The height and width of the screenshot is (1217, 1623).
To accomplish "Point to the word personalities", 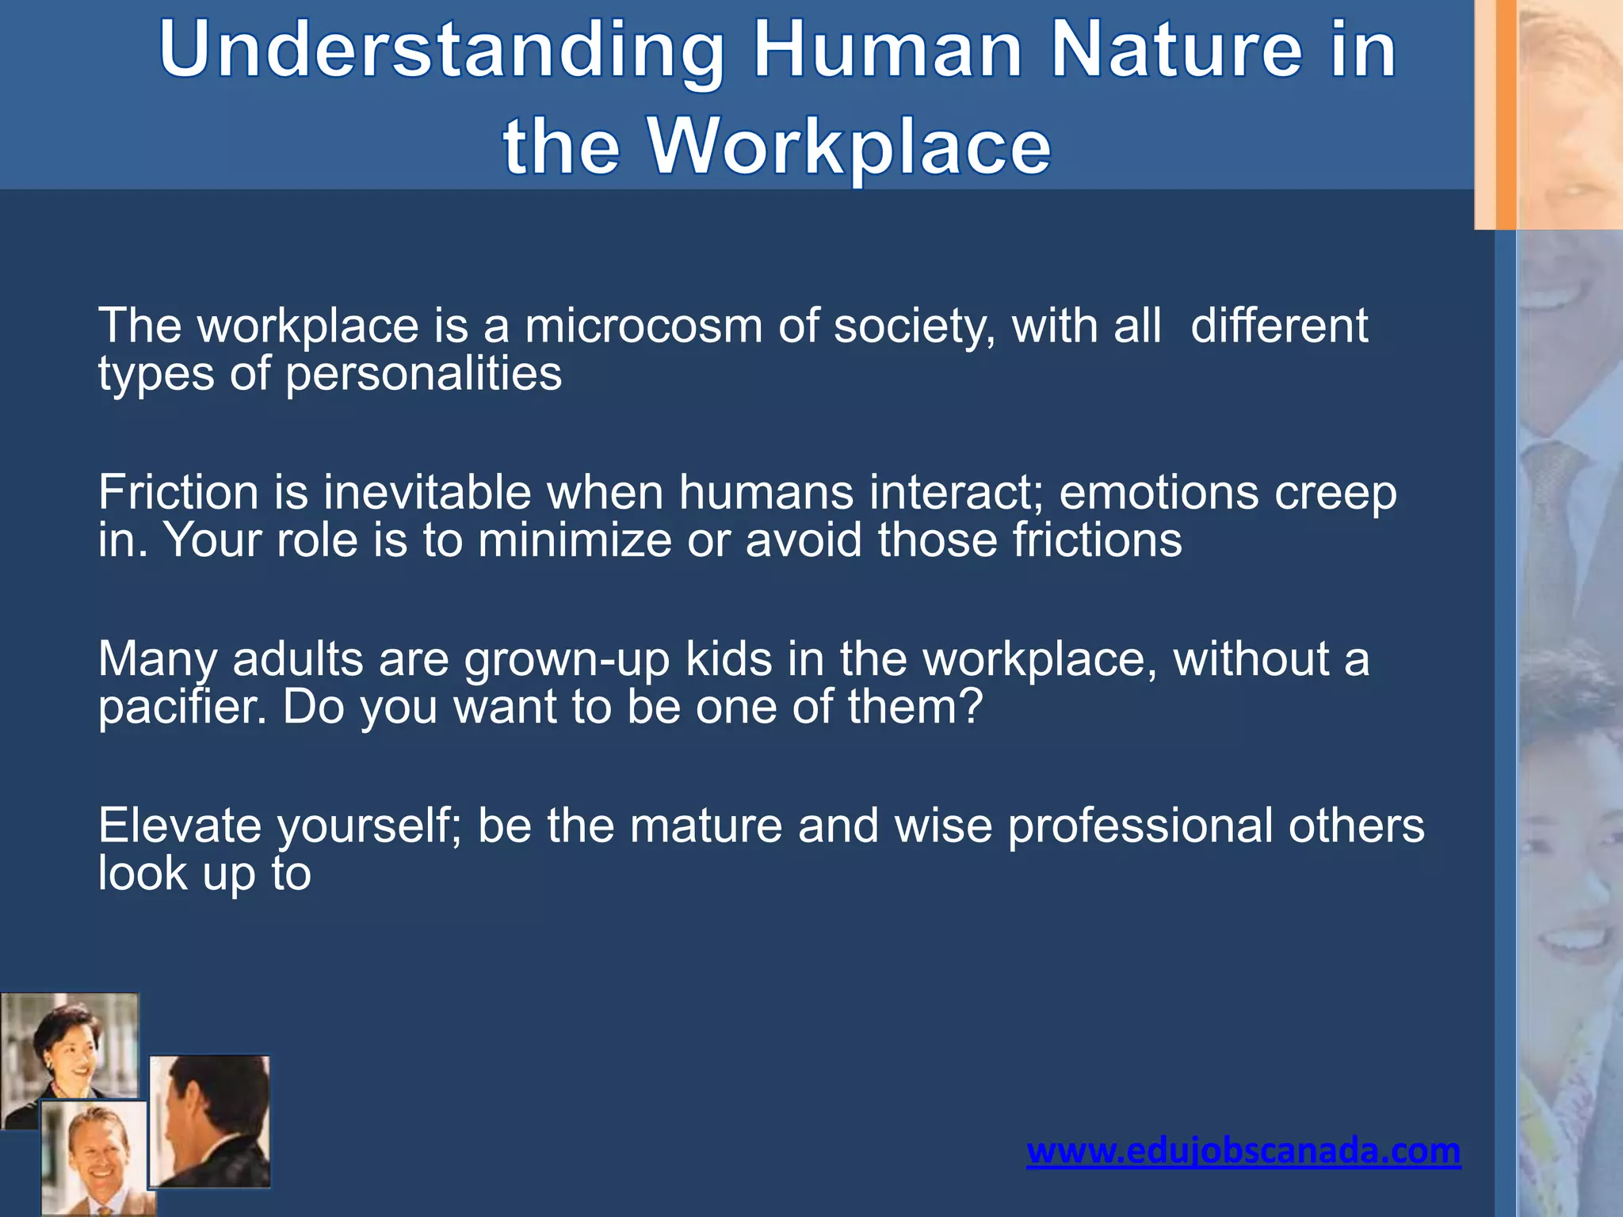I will [423, 374].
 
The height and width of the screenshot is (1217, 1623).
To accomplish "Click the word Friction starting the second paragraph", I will [179, 493].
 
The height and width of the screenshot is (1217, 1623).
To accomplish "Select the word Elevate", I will [179, 826].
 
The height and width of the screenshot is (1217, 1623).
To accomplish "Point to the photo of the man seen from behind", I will [210, 1121].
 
